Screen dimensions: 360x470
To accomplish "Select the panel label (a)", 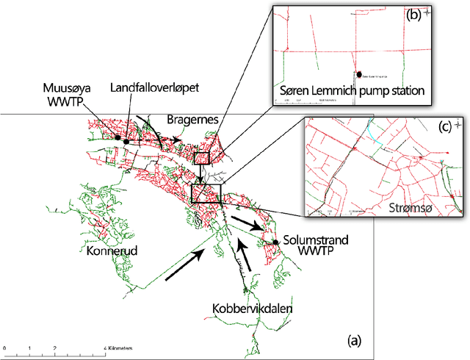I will point(354,340).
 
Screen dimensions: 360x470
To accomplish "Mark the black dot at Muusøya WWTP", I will point(117,137).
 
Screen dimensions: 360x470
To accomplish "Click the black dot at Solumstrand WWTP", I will point(275,242).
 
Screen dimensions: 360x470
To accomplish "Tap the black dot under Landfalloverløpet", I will point(126,140).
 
